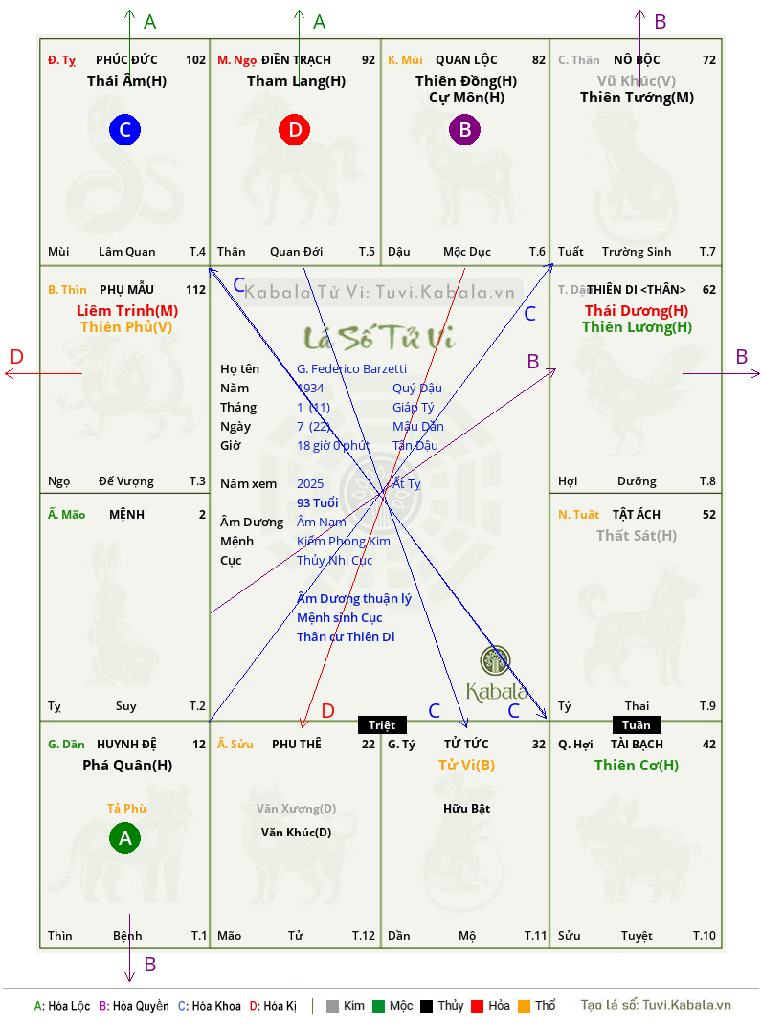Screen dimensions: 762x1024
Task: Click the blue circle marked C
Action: click(124, 129)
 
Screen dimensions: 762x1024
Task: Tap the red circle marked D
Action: click(295, 129)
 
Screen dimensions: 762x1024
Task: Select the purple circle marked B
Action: click(464, 129)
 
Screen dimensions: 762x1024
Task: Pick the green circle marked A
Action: click(124, 837)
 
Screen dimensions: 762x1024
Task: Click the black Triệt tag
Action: click(382, 724)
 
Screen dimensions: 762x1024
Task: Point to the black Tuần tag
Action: click(637, 724)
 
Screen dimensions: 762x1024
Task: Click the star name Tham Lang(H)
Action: click(296, 81)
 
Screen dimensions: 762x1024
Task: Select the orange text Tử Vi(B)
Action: click(466, 765)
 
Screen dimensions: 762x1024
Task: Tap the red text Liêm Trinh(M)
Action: click(127, 310)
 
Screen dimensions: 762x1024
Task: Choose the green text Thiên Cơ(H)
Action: click(637, 765)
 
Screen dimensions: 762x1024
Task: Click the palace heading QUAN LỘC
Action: click(466, 60)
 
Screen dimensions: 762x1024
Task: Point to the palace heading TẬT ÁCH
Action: click(637, 515)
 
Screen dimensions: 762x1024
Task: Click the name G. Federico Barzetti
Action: click(351, 369)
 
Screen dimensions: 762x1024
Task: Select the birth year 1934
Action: click(310, 388)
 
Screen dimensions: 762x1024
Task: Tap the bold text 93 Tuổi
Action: click(318, 502)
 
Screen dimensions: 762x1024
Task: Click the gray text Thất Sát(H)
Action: click(637, 536)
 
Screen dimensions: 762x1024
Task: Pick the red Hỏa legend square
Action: click(477, 1006)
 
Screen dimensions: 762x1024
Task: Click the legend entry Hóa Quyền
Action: click(134, 1006)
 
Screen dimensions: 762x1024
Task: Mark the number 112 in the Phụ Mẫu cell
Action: click(196, 289)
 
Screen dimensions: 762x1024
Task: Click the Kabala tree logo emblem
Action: click(495, 660)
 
